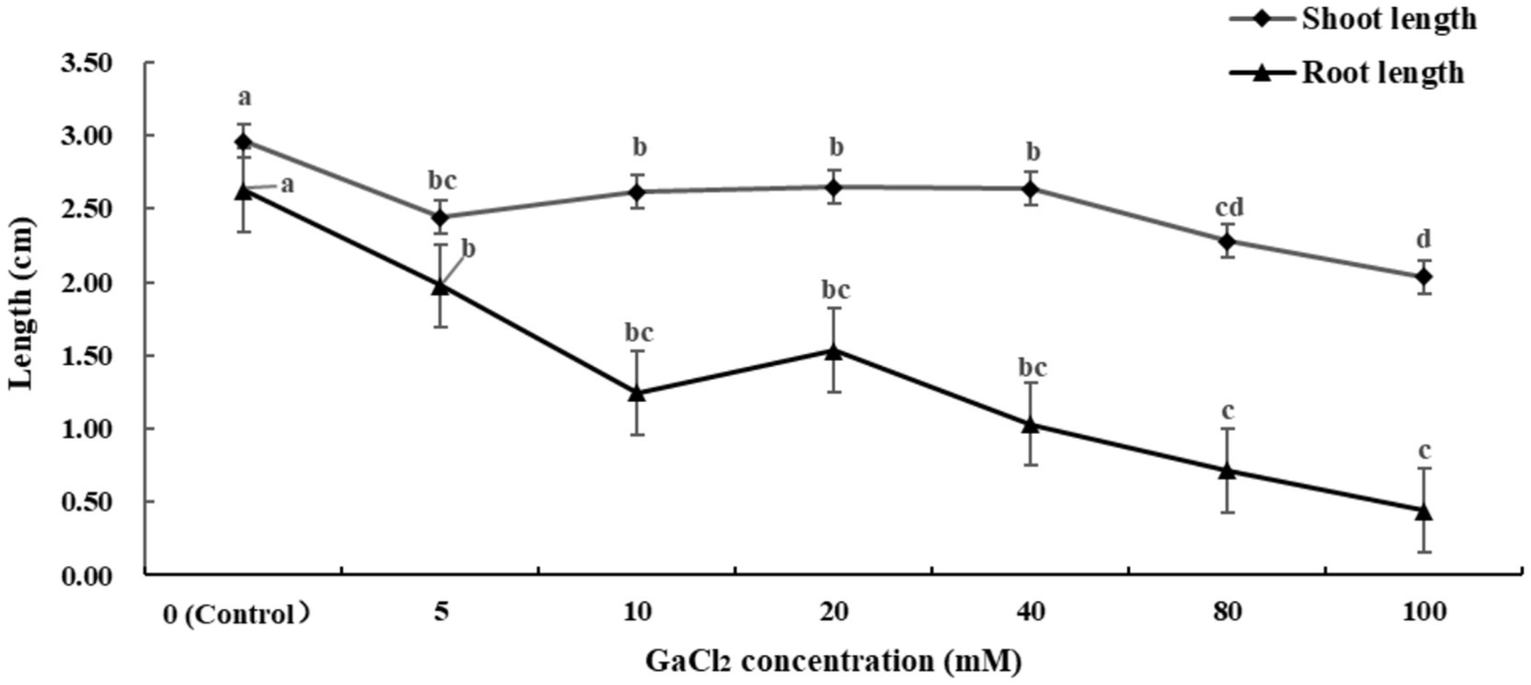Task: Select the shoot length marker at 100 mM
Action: (x=1423, y=276)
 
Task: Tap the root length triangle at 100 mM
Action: (x=1423, y=511)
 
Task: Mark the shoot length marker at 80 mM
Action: (x=1227, y=241)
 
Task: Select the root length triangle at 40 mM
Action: (x=1030, y=424)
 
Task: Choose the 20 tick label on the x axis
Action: (x=833, y=613)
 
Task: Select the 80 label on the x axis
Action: (x=1227, y=613)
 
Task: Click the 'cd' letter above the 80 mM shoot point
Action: (x=1227, y=207)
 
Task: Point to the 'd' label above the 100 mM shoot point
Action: (x=1423, y=241)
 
